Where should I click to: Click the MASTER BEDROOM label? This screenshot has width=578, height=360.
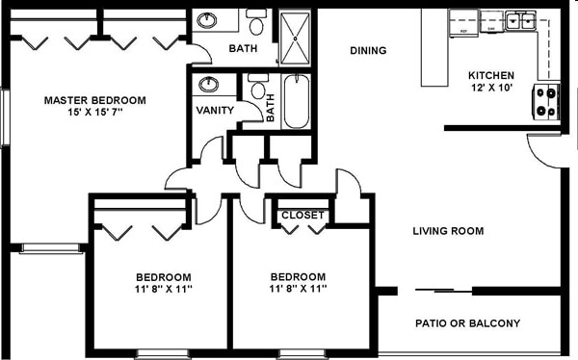tap(94, 100)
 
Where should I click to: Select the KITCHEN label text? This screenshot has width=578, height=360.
tap(490, 76)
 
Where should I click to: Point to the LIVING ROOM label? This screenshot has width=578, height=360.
tap(448, 231)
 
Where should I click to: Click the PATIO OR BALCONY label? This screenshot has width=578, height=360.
tap(467, 323)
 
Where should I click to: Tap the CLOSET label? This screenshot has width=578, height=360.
tap(302, 216)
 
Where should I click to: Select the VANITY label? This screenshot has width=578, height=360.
tap(215, 110)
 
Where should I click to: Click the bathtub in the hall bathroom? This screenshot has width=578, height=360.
tap(295, 103)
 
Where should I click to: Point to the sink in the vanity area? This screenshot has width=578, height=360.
tap(208, 85)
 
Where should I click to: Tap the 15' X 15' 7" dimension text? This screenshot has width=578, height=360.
tap(94, 114)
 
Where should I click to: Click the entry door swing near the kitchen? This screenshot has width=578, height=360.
tap(541, 149)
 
